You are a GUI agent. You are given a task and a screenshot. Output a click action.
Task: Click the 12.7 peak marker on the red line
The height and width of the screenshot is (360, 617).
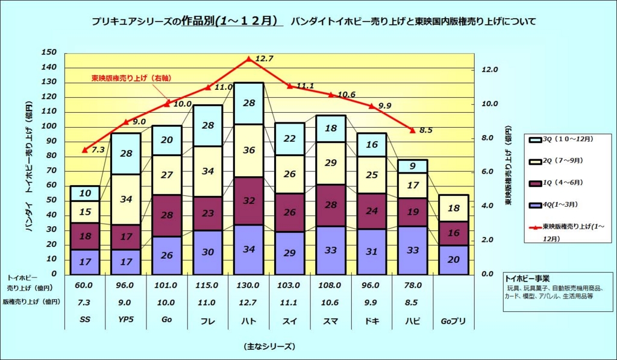(x=249, y=59)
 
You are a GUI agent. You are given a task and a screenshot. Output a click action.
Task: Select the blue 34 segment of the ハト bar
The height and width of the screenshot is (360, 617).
(x=249, y=249)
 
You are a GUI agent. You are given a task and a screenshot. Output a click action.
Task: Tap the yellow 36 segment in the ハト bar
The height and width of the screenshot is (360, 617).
(x=249, y=151)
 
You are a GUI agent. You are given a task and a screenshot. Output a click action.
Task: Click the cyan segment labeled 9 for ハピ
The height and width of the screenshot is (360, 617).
(x=413, y=166)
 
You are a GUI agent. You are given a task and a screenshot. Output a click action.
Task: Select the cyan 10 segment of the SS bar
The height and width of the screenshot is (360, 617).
(x=85, y=194)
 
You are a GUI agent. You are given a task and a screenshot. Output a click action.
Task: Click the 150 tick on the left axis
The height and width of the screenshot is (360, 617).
(x=48, y=52)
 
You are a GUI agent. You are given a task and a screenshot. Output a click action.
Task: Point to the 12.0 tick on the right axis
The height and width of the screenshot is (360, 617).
(x=490, y=70)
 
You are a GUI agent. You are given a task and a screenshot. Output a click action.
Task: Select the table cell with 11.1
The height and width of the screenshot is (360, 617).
(x=290, y=302)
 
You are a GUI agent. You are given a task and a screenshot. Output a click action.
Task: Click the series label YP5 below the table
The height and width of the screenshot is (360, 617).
(x=126, y=320)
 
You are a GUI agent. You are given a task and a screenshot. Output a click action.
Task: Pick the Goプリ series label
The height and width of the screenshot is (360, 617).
(x=454, y=320)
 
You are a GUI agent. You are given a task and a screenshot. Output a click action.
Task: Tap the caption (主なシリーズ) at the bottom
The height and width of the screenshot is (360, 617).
(x=269, y=346)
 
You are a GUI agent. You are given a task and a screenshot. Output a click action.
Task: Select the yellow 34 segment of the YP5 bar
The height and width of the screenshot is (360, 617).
(x=126, y=200)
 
